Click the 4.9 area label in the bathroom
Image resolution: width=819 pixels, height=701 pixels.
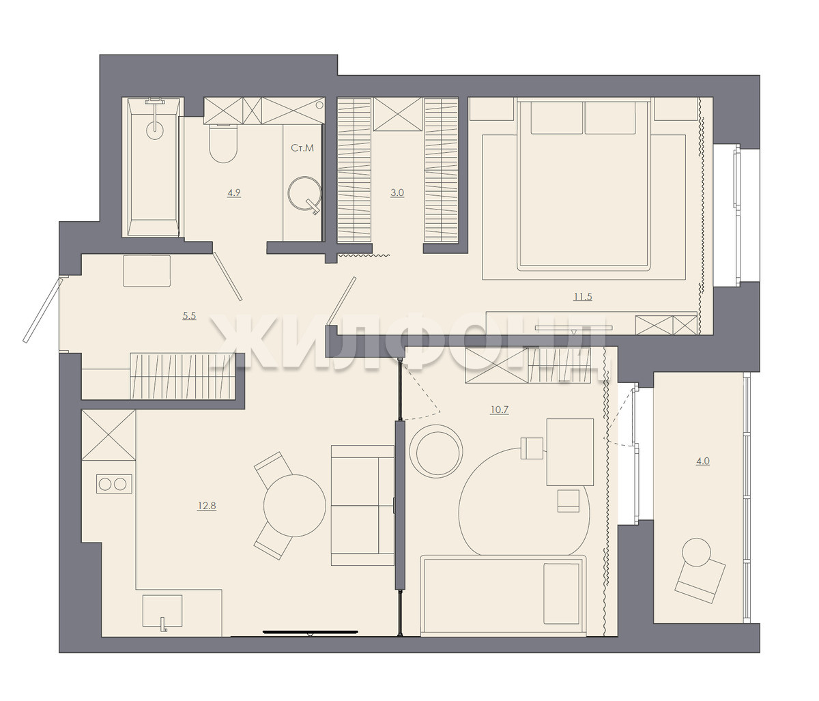234,193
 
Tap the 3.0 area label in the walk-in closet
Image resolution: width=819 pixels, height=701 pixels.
397,193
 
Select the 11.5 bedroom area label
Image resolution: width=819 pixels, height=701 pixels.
582,296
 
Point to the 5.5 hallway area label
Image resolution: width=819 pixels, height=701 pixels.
189,316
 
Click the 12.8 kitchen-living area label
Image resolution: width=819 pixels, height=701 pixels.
207,506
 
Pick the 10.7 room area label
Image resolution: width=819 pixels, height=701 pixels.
499,410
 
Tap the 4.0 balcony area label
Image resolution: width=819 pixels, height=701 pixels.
702,461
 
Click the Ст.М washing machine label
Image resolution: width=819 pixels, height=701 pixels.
302,148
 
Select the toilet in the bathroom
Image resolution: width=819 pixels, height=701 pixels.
223,143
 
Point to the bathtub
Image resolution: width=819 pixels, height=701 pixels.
154,167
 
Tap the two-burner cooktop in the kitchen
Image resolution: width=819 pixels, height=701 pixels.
114,483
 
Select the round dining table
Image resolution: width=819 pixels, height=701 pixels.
294,505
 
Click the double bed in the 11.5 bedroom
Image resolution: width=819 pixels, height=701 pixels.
584,185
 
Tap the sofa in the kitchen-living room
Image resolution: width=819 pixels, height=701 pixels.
363,505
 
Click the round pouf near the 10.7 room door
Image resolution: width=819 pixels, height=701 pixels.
436,451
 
